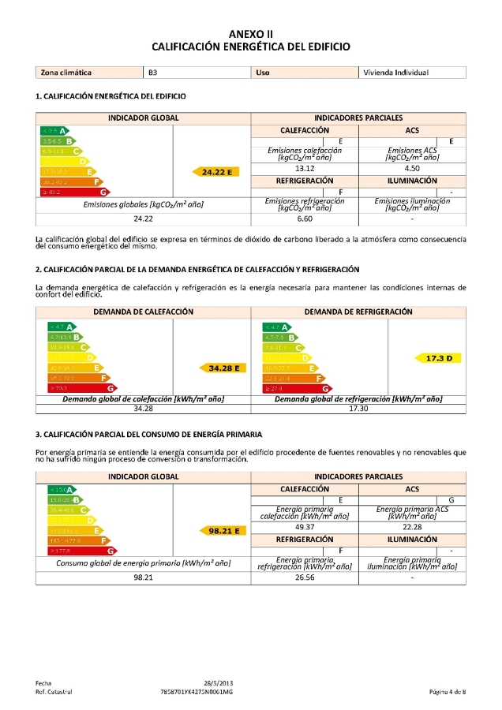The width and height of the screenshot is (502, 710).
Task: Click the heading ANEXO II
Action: [250, 34]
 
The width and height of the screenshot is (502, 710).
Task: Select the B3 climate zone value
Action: [153, 73]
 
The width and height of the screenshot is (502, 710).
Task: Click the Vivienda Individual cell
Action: [395, 73]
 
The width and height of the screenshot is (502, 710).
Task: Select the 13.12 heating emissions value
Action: [305, 168]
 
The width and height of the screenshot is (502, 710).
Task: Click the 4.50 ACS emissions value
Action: [412, 168]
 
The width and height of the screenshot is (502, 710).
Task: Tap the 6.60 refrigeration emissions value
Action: [305, 219]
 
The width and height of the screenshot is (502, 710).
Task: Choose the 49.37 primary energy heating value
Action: [305, 526]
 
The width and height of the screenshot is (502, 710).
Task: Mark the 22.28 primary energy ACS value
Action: [412, 526]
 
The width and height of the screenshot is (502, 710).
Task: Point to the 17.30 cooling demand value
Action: [358, 409]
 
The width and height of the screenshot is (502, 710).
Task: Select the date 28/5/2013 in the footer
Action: [219, 682]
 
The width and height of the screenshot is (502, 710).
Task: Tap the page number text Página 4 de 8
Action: [447, 692]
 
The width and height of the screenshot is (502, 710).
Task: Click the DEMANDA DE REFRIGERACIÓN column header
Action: [358, 312]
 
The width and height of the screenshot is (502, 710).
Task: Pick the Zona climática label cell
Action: [66, 73]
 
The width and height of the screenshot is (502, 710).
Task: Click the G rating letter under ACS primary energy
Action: [451, 500]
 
